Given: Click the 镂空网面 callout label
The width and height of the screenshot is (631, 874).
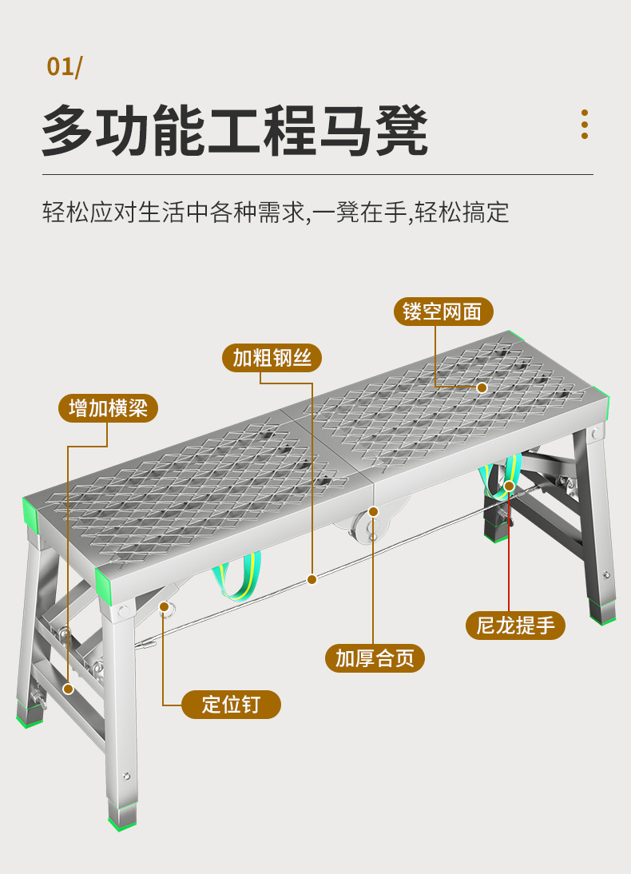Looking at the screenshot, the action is click(x=443, y=311).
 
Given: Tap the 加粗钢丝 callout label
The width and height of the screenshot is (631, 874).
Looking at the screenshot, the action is click(x=272, y=357).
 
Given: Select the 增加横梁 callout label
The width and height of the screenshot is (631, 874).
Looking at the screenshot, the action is click(x=108, y=408).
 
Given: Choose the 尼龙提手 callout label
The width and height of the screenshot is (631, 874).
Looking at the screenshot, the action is click(x=515, y=625).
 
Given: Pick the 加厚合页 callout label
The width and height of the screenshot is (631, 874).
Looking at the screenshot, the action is click(x=375, y=658).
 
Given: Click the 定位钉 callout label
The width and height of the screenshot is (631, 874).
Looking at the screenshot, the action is click(x=231, y=705).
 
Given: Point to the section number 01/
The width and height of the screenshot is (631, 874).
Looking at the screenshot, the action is click(x=64, y=66).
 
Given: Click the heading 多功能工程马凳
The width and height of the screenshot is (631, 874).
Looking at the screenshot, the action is click(x=235, y=130).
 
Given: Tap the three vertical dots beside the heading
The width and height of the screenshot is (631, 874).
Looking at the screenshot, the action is click(x=585, y=125).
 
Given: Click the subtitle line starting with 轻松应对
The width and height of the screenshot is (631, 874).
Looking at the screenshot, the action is click(x=276, y=213).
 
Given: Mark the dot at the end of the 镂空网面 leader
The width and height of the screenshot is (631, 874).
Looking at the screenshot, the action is click(x=482, y=387).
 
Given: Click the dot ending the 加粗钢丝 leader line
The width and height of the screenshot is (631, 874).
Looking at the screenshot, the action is click(x=312, y=578).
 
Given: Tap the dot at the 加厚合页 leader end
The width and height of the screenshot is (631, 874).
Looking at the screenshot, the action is click(x=373, y=511).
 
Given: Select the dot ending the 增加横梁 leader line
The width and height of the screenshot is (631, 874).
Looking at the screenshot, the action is click(x=68, y=688).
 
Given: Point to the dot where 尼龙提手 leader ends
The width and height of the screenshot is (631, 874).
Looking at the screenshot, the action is click(x=509, y=486).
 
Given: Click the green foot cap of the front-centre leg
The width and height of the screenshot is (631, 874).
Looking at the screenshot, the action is click(x=123, y=821).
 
